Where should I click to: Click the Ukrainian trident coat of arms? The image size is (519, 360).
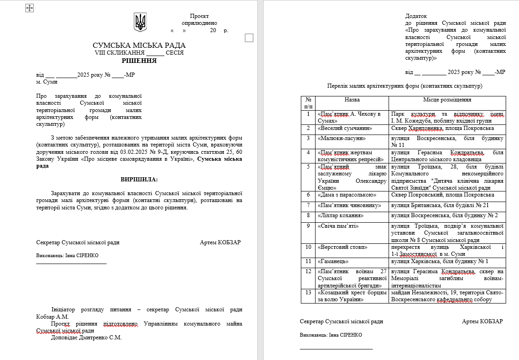coord(140,22)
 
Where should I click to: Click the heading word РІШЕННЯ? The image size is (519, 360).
coord(139,61)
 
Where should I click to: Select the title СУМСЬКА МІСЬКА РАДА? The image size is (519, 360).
coord(139,45)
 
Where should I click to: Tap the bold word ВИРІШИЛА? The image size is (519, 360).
coord(139,179)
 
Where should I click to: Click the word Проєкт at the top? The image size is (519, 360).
coord(199,16)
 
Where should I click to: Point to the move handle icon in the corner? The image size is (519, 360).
coord(29,8)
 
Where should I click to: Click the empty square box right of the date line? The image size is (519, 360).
coord(249,38)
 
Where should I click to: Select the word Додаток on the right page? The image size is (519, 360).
coord(416,16)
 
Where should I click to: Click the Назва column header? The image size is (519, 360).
coord(352,100)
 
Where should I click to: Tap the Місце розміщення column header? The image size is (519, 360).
coord(447,100)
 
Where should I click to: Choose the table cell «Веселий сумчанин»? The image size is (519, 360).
coord(345,129)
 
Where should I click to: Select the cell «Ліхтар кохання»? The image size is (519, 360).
coord(341,215)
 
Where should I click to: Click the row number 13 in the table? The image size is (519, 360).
coord(308,292)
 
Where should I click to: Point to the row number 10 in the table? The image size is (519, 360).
coord(308,247)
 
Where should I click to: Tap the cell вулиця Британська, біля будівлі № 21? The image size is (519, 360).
coord(440,205)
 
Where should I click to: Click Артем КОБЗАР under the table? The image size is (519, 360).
coord(482,321)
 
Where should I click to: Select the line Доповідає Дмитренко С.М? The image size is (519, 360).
coord(86,337)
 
